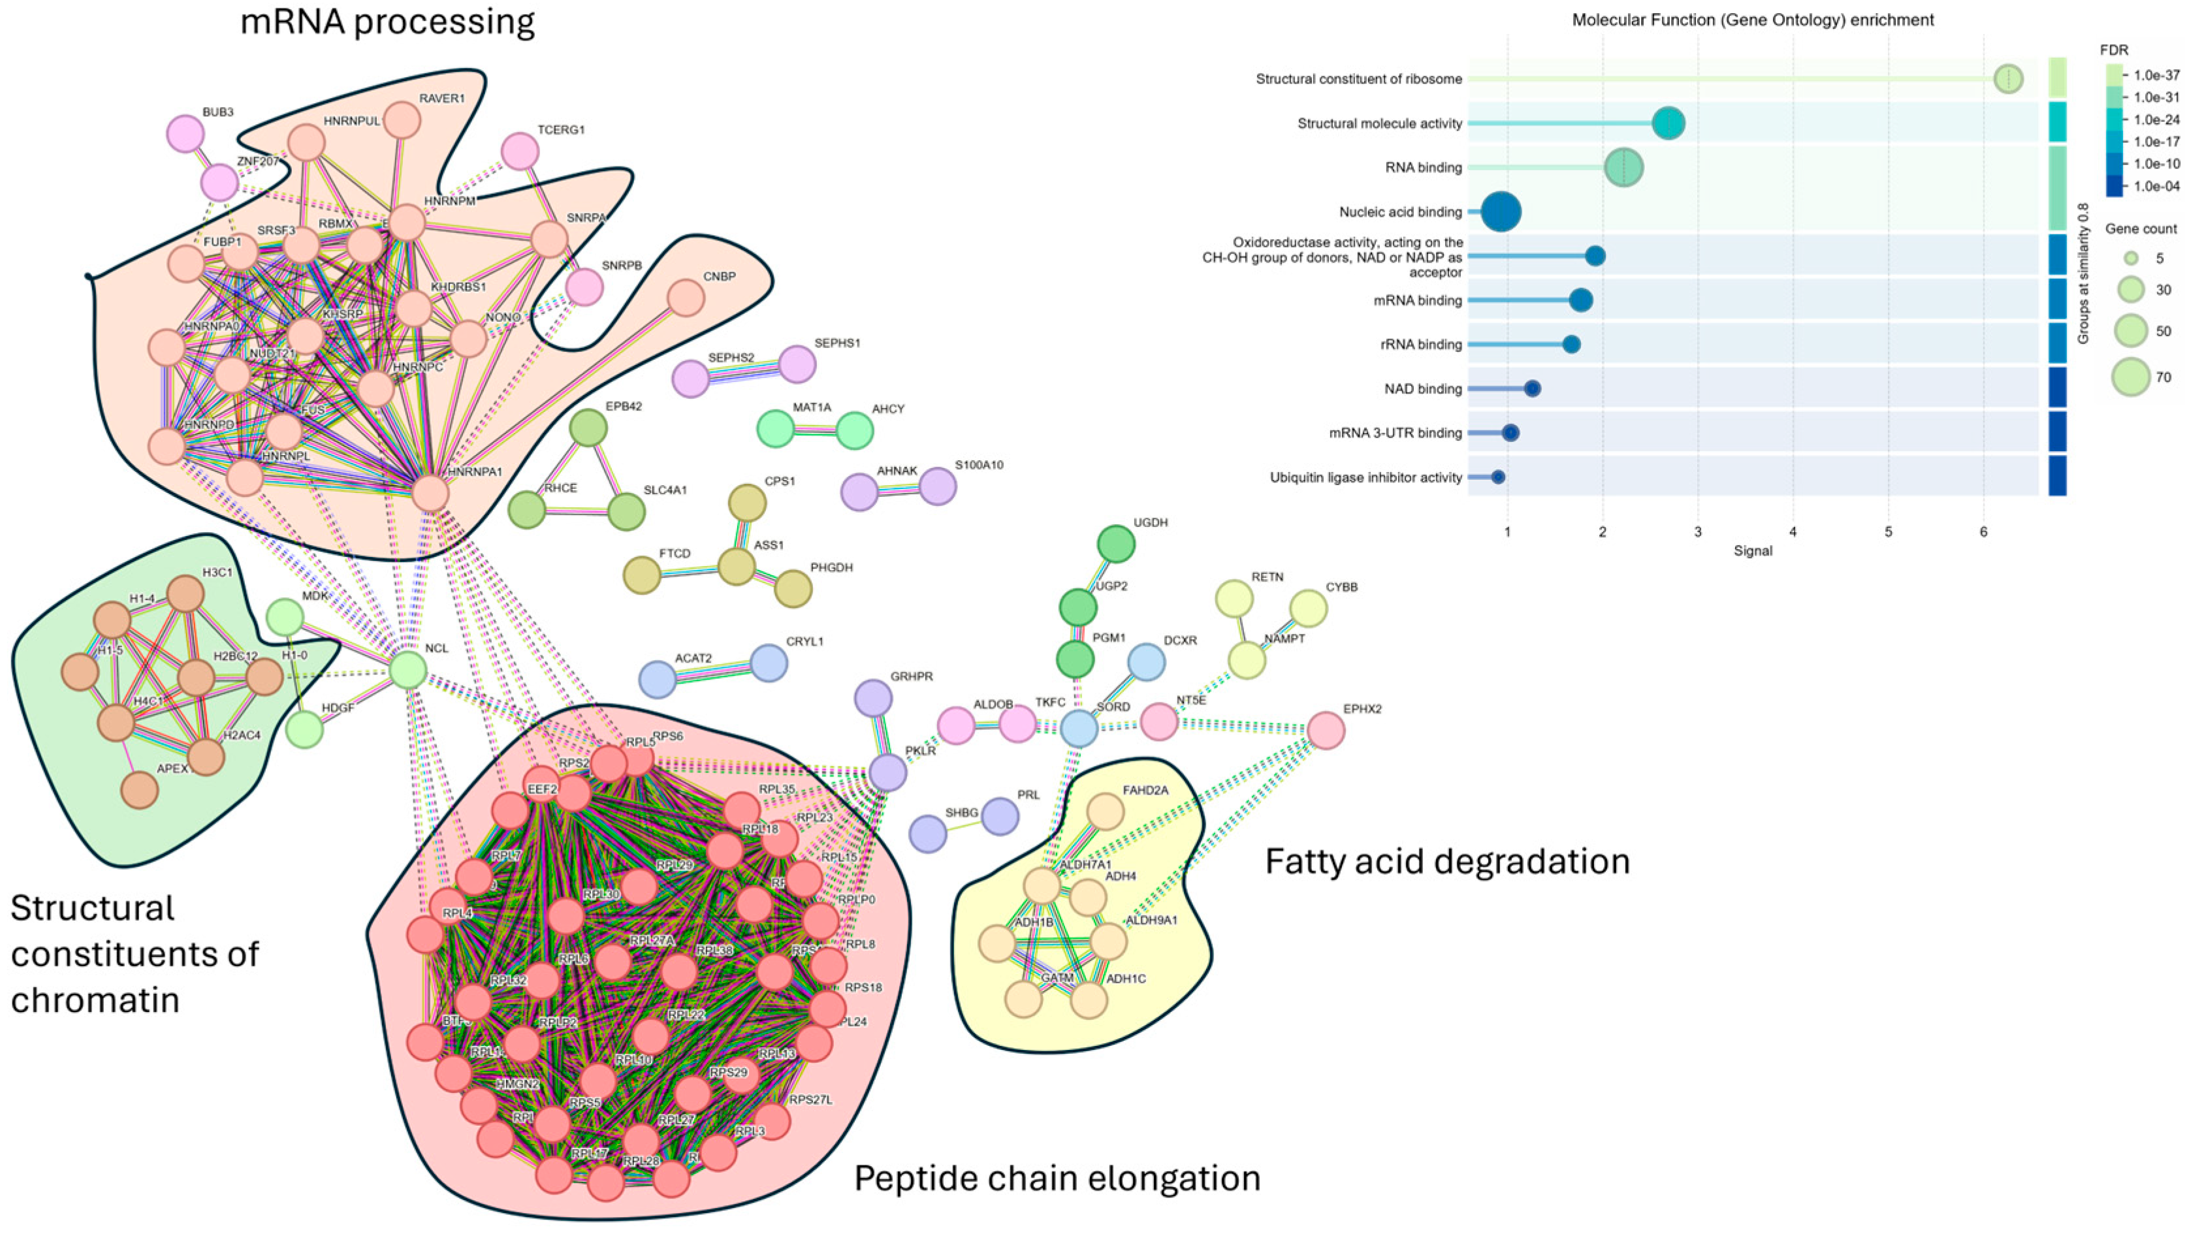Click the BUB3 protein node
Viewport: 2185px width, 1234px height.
[x=185, y=133]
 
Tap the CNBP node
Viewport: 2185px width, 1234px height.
[x=686, y=298]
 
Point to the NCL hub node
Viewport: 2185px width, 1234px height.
[x=408, y=670]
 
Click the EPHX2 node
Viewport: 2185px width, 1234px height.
[x=1326, y=730]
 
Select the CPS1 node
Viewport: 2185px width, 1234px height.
[x=747, y=503]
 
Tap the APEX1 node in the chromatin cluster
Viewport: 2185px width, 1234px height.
[x=140, y=791]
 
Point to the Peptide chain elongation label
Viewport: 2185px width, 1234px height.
[x=1057, y=1178]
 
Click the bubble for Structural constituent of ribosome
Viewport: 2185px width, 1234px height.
[x=2008, y=79]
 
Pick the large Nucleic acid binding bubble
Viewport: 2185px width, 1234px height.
[x=1501, y=212]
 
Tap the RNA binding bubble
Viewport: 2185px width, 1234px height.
[x=1623, y=167]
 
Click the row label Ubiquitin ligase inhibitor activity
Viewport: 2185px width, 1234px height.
[x=1365, y=477]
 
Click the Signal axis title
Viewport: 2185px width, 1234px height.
[x=1753, y=551]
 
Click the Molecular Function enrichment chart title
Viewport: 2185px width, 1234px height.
[x=1753, y=20]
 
